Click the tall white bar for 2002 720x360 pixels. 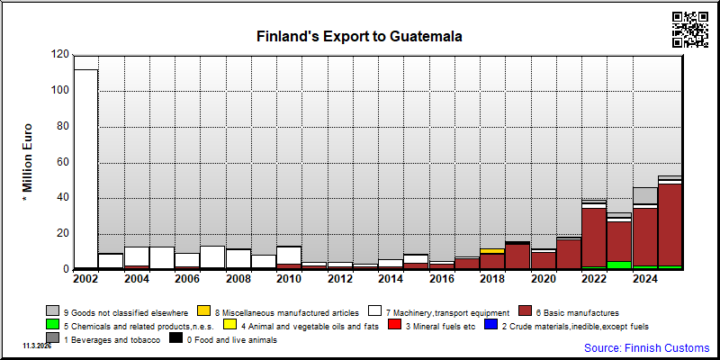[x=85, y=168]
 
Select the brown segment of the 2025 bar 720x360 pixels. [x=670, y=225]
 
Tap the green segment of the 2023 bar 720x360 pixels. [x=619, y=265]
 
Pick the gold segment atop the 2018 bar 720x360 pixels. [x=492, y=251]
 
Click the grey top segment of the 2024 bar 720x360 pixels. [x=644, y=195]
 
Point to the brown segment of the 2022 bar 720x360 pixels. [x=594, y=238]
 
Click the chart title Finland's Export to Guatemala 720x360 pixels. [x=359, y=36]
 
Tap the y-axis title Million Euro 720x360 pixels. [x=27, y=158]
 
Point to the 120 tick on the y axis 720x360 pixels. [x=63, y=55]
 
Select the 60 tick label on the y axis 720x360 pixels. [x=63, y=163]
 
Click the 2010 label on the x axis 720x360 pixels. [x=289, y=279]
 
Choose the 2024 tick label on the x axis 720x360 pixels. [x=644, y=279]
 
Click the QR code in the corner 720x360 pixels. [x=690, y=30]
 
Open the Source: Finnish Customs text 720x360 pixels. [x=646, y=347]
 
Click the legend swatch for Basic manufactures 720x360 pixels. [x=525, y=311]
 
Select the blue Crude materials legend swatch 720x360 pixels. [x=490, y=325]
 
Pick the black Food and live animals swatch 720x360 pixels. [x=175, y=338]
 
